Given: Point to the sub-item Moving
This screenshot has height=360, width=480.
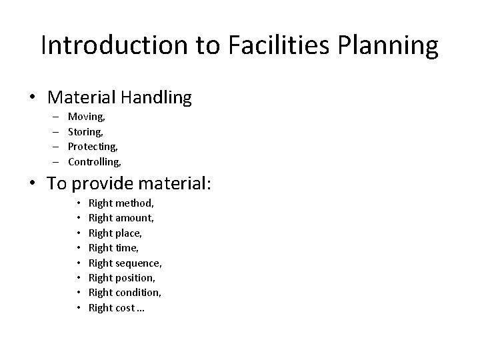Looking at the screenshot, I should pyautogui.click(x=86, y=117).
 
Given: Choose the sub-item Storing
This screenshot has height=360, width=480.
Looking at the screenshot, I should pyautogui.click(x=86, y=131).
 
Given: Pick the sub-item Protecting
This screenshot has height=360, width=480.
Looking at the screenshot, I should pyautogui.click(x=93, y=146).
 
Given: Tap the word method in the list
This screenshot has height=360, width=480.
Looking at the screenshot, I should pyautogui.click(x=135, y=202).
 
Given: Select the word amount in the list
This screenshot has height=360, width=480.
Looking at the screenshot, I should pyautogui.click(x=135, y=217).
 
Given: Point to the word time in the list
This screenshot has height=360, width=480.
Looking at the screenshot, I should pyautogui.click(x=127, y=247).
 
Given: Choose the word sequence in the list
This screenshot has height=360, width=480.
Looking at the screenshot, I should pyautogui.click(x=139, y=263).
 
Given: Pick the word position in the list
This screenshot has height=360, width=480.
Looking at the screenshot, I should pyautogui.click(x=136, y=277).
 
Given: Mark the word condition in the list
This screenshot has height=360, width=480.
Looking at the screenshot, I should pyautogui.click(x=139, y=292).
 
